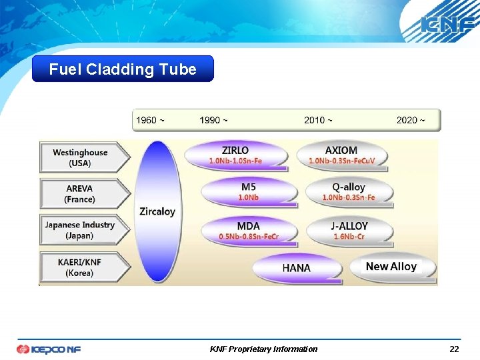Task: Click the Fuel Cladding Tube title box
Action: [x=123, y=69]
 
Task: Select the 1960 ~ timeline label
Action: [x=150, y=120]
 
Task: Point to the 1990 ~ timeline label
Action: [x=213, y=120]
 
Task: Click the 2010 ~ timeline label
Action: [x=318, y=120]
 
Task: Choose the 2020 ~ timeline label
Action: [x=410, y=120]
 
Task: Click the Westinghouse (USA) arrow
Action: [x=83, y=157]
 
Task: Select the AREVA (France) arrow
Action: [x=83, y=194]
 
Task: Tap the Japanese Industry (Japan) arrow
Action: [x=83, y=230]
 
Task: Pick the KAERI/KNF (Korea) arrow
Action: [x=83, y=267]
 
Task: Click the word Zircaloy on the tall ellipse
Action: [x=157, y=211]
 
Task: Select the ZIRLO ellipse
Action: [x=236, y=155]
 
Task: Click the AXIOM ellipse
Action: [x=341, y=155]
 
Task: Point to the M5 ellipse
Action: [x=249, y=192]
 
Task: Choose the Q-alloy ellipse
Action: [x=349, y=192]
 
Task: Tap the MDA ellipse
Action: [x=248, y=231]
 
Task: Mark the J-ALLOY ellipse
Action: [x=349, y=231]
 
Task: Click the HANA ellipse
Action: [x=296, y=267]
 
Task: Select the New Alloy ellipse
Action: [x=391, y=267]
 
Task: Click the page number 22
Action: [x=454, y=349]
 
